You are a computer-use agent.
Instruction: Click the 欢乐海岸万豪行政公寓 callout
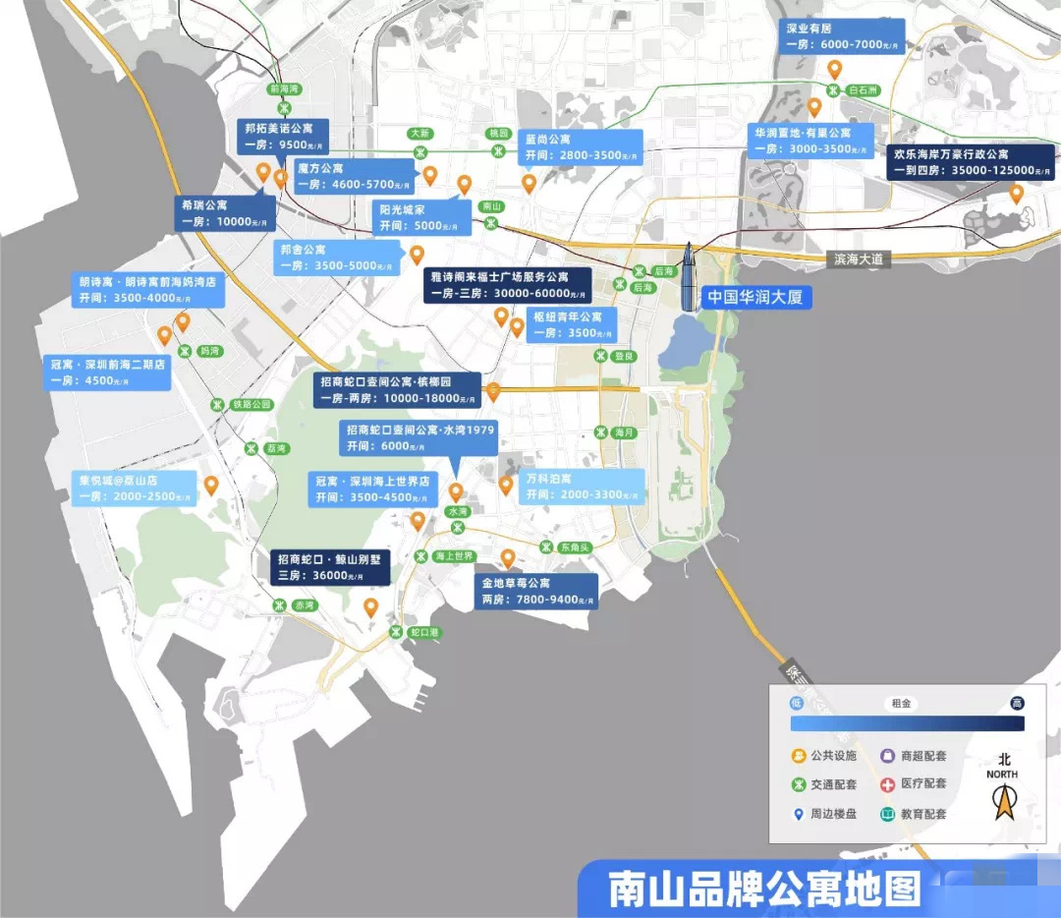[x=971, y=162]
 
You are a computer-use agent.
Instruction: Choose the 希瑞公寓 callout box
[x=225, y=212]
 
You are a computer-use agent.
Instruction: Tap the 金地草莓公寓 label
[x=535, y=591]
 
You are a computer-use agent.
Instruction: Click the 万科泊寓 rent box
[x=584, y=486]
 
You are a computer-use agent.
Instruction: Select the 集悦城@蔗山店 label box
[x=135, y=488]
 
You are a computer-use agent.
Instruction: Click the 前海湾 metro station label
[x=283, y=88]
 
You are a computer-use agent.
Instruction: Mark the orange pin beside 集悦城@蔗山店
[x=210, y=485]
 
